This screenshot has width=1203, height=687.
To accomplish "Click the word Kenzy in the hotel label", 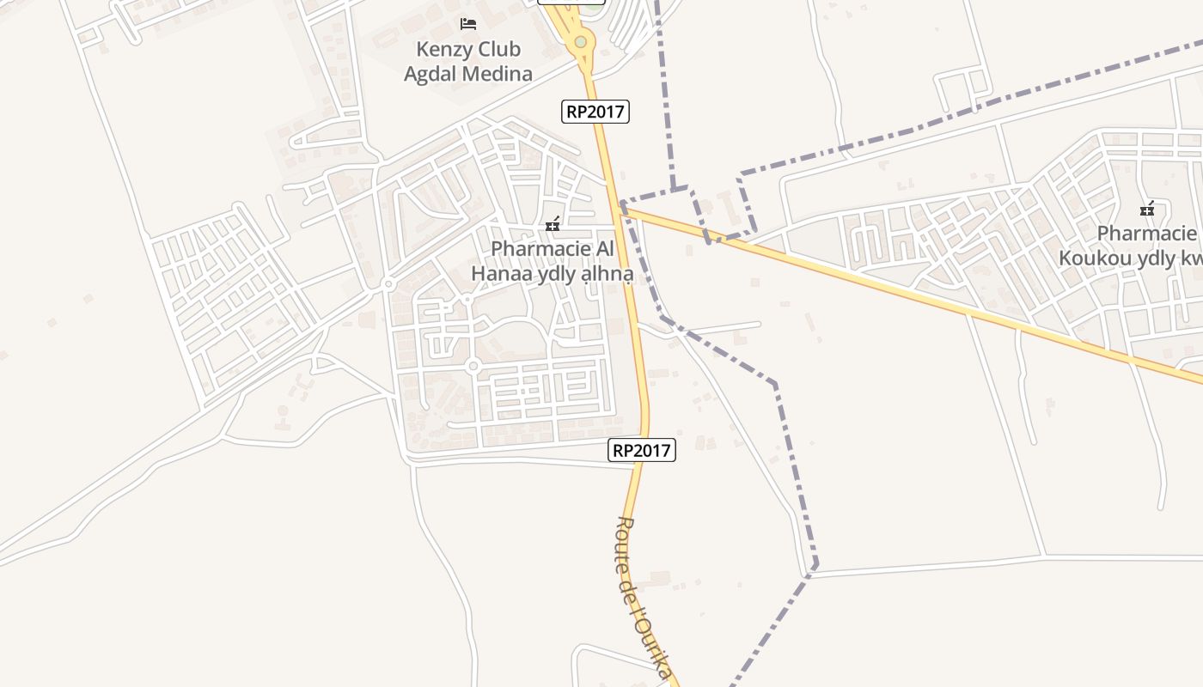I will (443, 49).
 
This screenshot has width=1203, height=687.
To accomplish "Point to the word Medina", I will (498, 74).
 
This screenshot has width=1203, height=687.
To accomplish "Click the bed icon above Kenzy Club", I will (468, 23).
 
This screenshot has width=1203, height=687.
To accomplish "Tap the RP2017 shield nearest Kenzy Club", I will (595, 111).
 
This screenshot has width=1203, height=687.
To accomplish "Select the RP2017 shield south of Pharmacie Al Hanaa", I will (642, 450).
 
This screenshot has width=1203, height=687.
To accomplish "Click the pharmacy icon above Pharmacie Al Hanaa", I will (553, 225).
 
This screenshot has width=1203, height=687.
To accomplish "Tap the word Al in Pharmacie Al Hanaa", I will (605, 249).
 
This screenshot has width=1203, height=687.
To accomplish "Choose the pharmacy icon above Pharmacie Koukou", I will (1146, 210).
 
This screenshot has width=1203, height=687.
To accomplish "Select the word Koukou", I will (1091, 258).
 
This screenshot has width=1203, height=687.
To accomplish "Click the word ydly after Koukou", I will (1151, 258).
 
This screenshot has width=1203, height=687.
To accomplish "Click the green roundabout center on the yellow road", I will (581, 41).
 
